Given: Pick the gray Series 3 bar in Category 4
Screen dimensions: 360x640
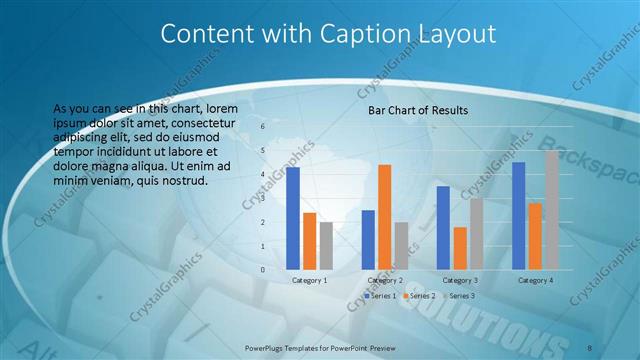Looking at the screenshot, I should (552, 210).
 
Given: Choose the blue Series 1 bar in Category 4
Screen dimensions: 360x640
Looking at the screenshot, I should (518, 215).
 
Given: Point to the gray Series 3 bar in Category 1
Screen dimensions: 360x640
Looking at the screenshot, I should (326, 245).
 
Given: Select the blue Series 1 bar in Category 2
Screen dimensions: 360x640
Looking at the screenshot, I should (368, 239).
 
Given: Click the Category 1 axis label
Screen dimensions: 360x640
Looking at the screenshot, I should (310, 280).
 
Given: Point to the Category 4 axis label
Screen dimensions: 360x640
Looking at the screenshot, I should (536, 280).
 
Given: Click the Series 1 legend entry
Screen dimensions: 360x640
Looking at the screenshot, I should (382, 296).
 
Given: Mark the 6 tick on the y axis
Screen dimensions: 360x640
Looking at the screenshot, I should (263, 127).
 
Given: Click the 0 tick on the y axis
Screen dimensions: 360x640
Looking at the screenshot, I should (263, 270).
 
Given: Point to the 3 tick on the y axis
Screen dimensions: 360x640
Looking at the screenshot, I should (263, 198).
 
